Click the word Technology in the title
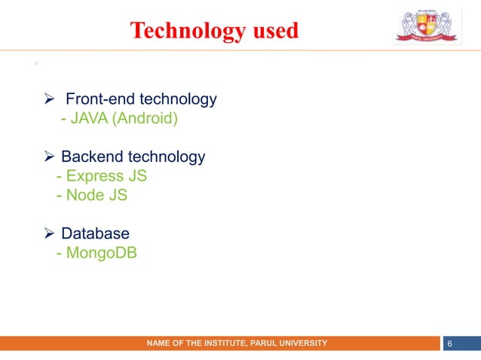(x=185, y=31)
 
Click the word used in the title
(x=272, y=31)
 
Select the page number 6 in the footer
(x=450, y=343)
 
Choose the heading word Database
(x=95, y=234)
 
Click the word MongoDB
(x=101, y=254)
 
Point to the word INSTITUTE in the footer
(x=216, y=343)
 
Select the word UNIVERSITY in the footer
(x=302, y=343)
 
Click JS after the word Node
(x=117, y=196)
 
